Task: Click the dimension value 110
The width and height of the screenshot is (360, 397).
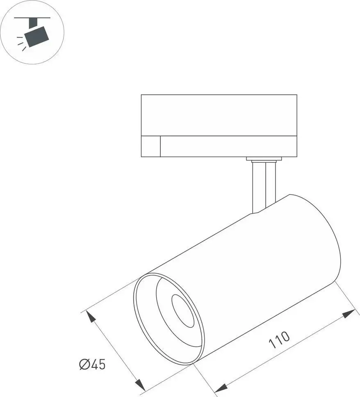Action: (x=280, y=339)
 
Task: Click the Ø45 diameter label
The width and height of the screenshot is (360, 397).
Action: (x=92, y=364)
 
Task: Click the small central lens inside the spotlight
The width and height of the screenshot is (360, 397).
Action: (x=182, y=310)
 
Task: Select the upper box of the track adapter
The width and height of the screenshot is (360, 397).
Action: (x=219, y=115)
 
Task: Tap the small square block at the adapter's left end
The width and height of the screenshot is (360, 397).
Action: (x=150, y=146)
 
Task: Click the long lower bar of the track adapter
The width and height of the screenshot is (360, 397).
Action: (x=228, y=146)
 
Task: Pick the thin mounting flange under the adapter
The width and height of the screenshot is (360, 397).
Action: (x=264, y=159)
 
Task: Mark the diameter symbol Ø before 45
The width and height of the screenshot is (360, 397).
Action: (x=84, y=364)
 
